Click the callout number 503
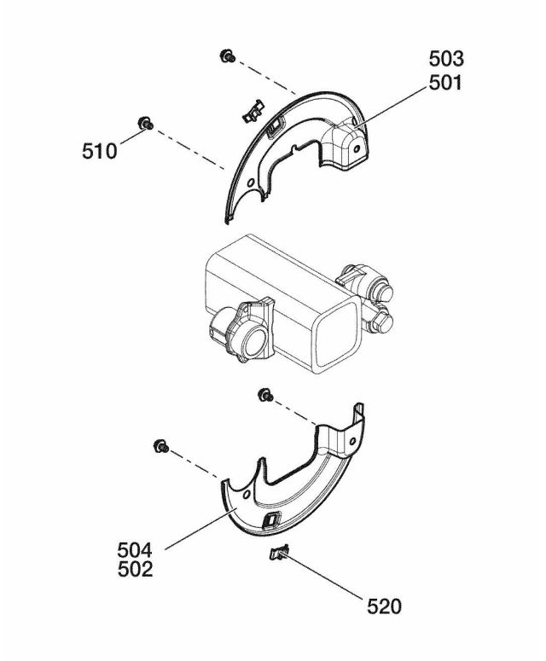coord(446,59)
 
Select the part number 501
coord(445,83)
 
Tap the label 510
coord(99,151)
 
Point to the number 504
coord(135,550)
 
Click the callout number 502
coord(135,570)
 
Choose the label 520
coord(384,606)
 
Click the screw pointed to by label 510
coord(146,124)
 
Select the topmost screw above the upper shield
coord(228,55)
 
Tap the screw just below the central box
coord(265,395)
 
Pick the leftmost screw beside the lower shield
coord(161,446)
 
